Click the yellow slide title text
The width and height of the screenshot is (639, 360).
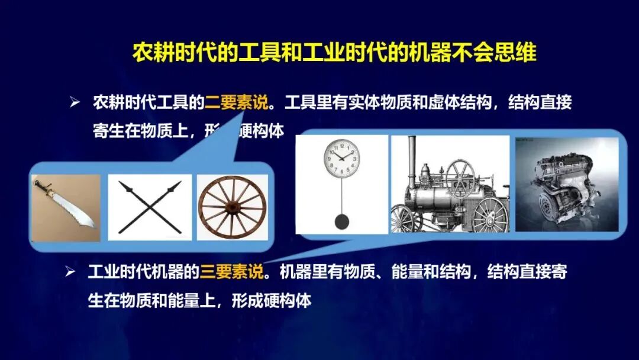[x=334, y=53]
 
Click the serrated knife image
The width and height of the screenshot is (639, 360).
[x=65, y=208]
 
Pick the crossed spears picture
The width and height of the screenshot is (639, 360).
[x=150, y=207]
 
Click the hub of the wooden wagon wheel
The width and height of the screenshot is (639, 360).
[x=232, y=208]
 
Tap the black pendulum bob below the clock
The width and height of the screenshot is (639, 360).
[x=341, y=221]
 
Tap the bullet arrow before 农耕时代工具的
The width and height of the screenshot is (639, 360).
[x=75, y=103]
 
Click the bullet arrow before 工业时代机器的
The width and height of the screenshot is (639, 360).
[x=70, y=273]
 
